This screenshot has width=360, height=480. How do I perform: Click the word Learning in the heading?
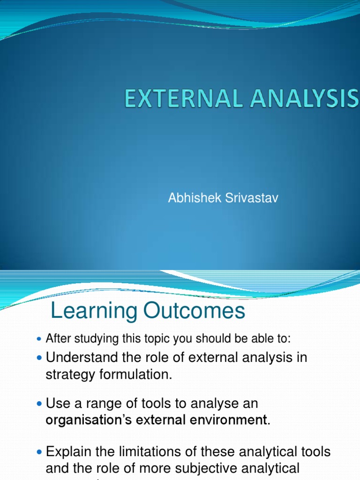pyautogui.click(x=96, y=311)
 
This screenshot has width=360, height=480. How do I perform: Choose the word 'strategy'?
pyautogui.click(x=69, y=375)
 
